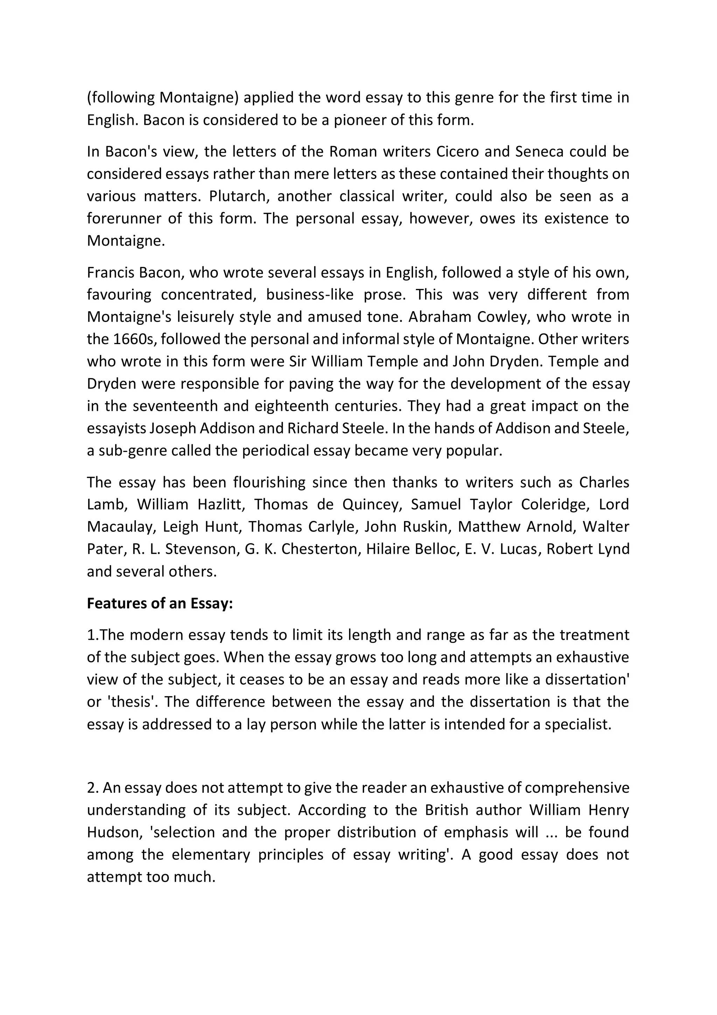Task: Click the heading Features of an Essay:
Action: point(160,603)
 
